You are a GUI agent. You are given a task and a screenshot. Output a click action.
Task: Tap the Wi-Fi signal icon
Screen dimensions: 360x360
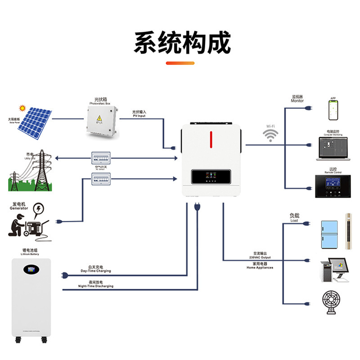(270, 135)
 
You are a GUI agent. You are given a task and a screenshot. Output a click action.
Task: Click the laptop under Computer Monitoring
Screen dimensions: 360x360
(333, 148)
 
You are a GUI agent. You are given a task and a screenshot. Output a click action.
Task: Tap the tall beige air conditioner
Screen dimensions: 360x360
(349, 231)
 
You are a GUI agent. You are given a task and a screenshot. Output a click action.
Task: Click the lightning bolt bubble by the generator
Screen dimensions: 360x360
(39, 209)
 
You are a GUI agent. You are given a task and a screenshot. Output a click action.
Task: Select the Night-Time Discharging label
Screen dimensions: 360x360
(95, 285)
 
